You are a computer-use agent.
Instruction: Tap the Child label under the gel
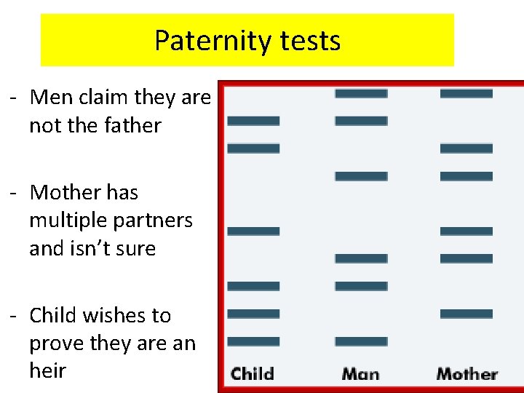[253, 374]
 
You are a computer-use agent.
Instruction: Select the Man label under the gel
[360, 374]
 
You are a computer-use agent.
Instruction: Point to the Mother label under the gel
[467, 374]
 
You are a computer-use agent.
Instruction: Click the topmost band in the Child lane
[253, 121]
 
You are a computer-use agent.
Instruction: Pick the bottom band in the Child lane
[253, 341]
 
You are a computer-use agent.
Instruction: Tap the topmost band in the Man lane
[361, 93]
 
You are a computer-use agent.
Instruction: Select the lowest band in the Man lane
[361, 341]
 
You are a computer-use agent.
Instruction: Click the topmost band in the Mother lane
[467, 93]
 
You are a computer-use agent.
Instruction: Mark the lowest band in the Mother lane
[467, 314]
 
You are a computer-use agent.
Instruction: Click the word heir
[47, 370]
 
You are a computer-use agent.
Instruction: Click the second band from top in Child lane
[253, 148]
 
